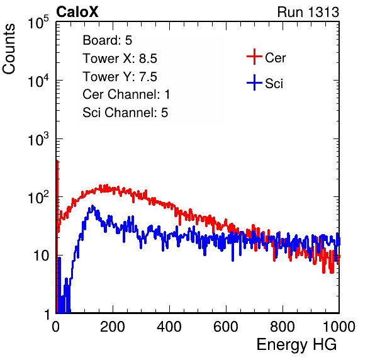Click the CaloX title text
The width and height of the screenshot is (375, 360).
coord(77,12)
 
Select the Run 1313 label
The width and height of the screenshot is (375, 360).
coord(308,12)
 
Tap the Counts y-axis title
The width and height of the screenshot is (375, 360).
coord(9,49)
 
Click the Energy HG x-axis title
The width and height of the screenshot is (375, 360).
coord(296,345)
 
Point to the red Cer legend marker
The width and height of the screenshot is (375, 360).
coord(254,57)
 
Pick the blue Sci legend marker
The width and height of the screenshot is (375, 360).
coord(254,83)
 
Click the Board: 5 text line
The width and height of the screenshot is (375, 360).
coord(108,40)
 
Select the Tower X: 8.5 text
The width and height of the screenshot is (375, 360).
coord(120,59)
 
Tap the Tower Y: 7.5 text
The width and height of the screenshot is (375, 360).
coord(120,77)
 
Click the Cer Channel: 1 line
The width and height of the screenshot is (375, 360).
coord(126,94)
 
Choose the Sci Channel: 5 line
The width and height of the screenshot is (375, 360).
coord(125,113)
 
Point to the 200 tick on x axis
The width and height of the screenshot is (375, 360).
coord(113,327)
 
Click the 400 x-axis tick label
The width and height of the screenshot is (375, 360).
coord(169,327)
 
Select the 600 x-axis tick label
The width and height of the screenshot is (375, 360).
coord(226,327)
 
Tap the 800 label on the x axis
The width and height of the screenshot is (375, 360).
coord(283,327)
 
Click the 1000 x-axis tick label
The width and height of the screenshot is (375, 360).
coord(339,327)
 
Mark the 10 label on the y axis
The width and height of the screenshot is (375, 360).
coord(41,256)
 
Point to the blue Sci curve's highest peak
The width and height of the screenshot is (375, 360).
coord(92,206)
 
